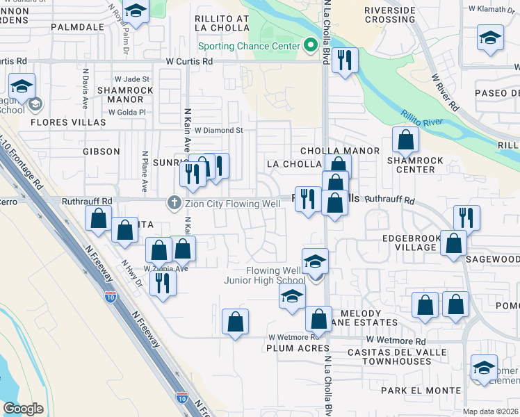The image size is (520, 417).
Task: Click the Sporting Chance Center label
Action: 248,47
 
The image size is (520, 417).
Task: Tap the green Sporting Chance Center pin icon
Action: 310,46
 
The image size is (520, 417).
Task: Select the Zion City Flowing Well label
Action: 232,204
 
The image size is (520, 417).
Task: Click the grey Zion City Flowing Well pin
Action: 173,204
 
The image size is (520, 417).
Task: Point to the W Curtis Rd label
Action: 188,60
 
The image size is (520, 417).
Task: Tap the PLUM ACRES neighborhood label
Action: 297,348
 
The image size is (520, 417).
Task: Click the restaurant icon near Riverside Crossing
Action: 344,61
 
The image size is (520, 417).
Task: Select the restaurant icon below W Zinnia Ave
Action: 163,283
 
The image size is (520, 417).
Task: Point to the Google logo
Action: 23,408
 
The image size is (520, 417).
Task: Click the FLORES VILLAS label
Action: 68,122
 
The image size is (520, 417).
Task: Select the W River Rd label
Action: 445,93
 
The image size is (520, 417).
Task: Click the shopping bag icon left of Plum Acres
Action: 235,322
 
